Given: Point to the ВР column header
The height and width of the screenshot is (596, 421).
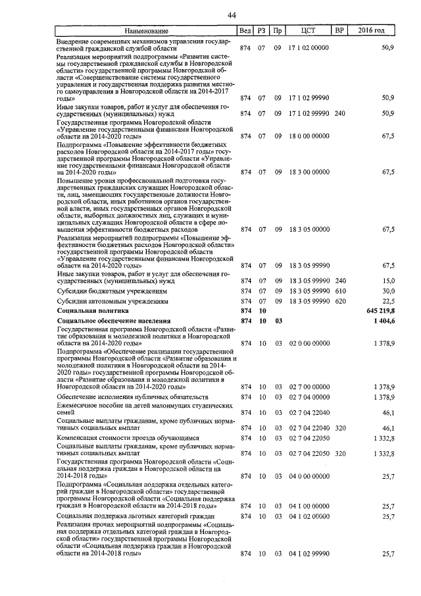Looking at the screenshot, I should pyautogui.click(x=339, y=31).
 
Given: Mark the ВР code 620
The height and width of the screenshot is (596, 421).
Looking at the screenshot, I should pyautogui.click(x=339, y=300).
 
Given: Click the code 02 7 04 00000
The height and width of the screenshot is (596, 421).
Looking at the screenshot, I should pyautogui.click(x=309, y=398).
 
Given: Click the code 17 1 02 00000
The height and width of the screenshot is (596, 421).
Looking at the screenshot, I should pyautogui.click(x=309, y=48).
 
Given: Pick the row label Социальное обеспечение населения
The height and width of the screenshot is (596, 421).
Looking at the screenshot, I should pyautogui.click(x=114, y=321).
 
